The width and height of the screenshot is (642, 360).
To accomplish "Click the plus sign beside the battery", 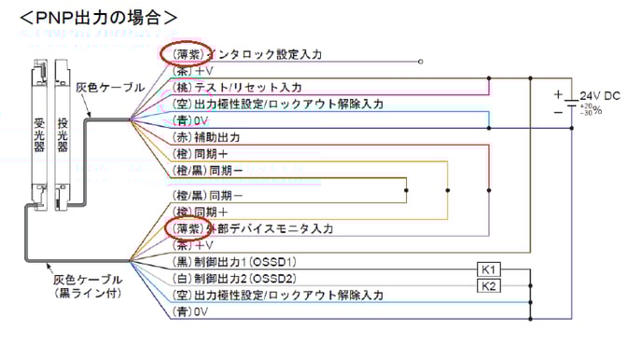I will point(558,94).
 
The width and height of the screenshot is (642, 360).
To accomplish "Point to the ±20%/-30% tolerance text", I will point(591,110).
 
